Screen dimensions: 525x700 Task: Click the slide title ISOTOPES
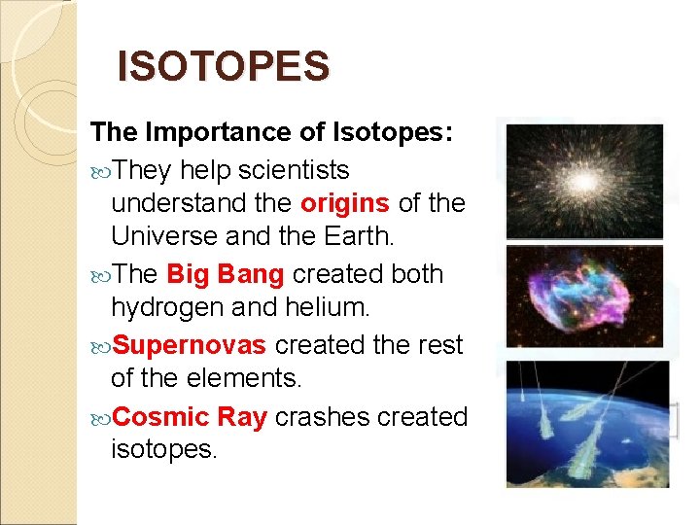[x=223, y=67]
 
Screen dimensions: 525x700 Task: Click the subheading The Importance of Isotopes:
[x=271, y=132]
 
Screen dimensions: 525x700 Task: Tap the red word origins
[x=345, y=204]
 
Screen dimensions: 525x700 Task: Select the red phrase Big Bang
[x=226, y=275]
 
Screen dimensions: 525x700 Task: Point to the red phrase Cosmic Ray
[x=190, y=417]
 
